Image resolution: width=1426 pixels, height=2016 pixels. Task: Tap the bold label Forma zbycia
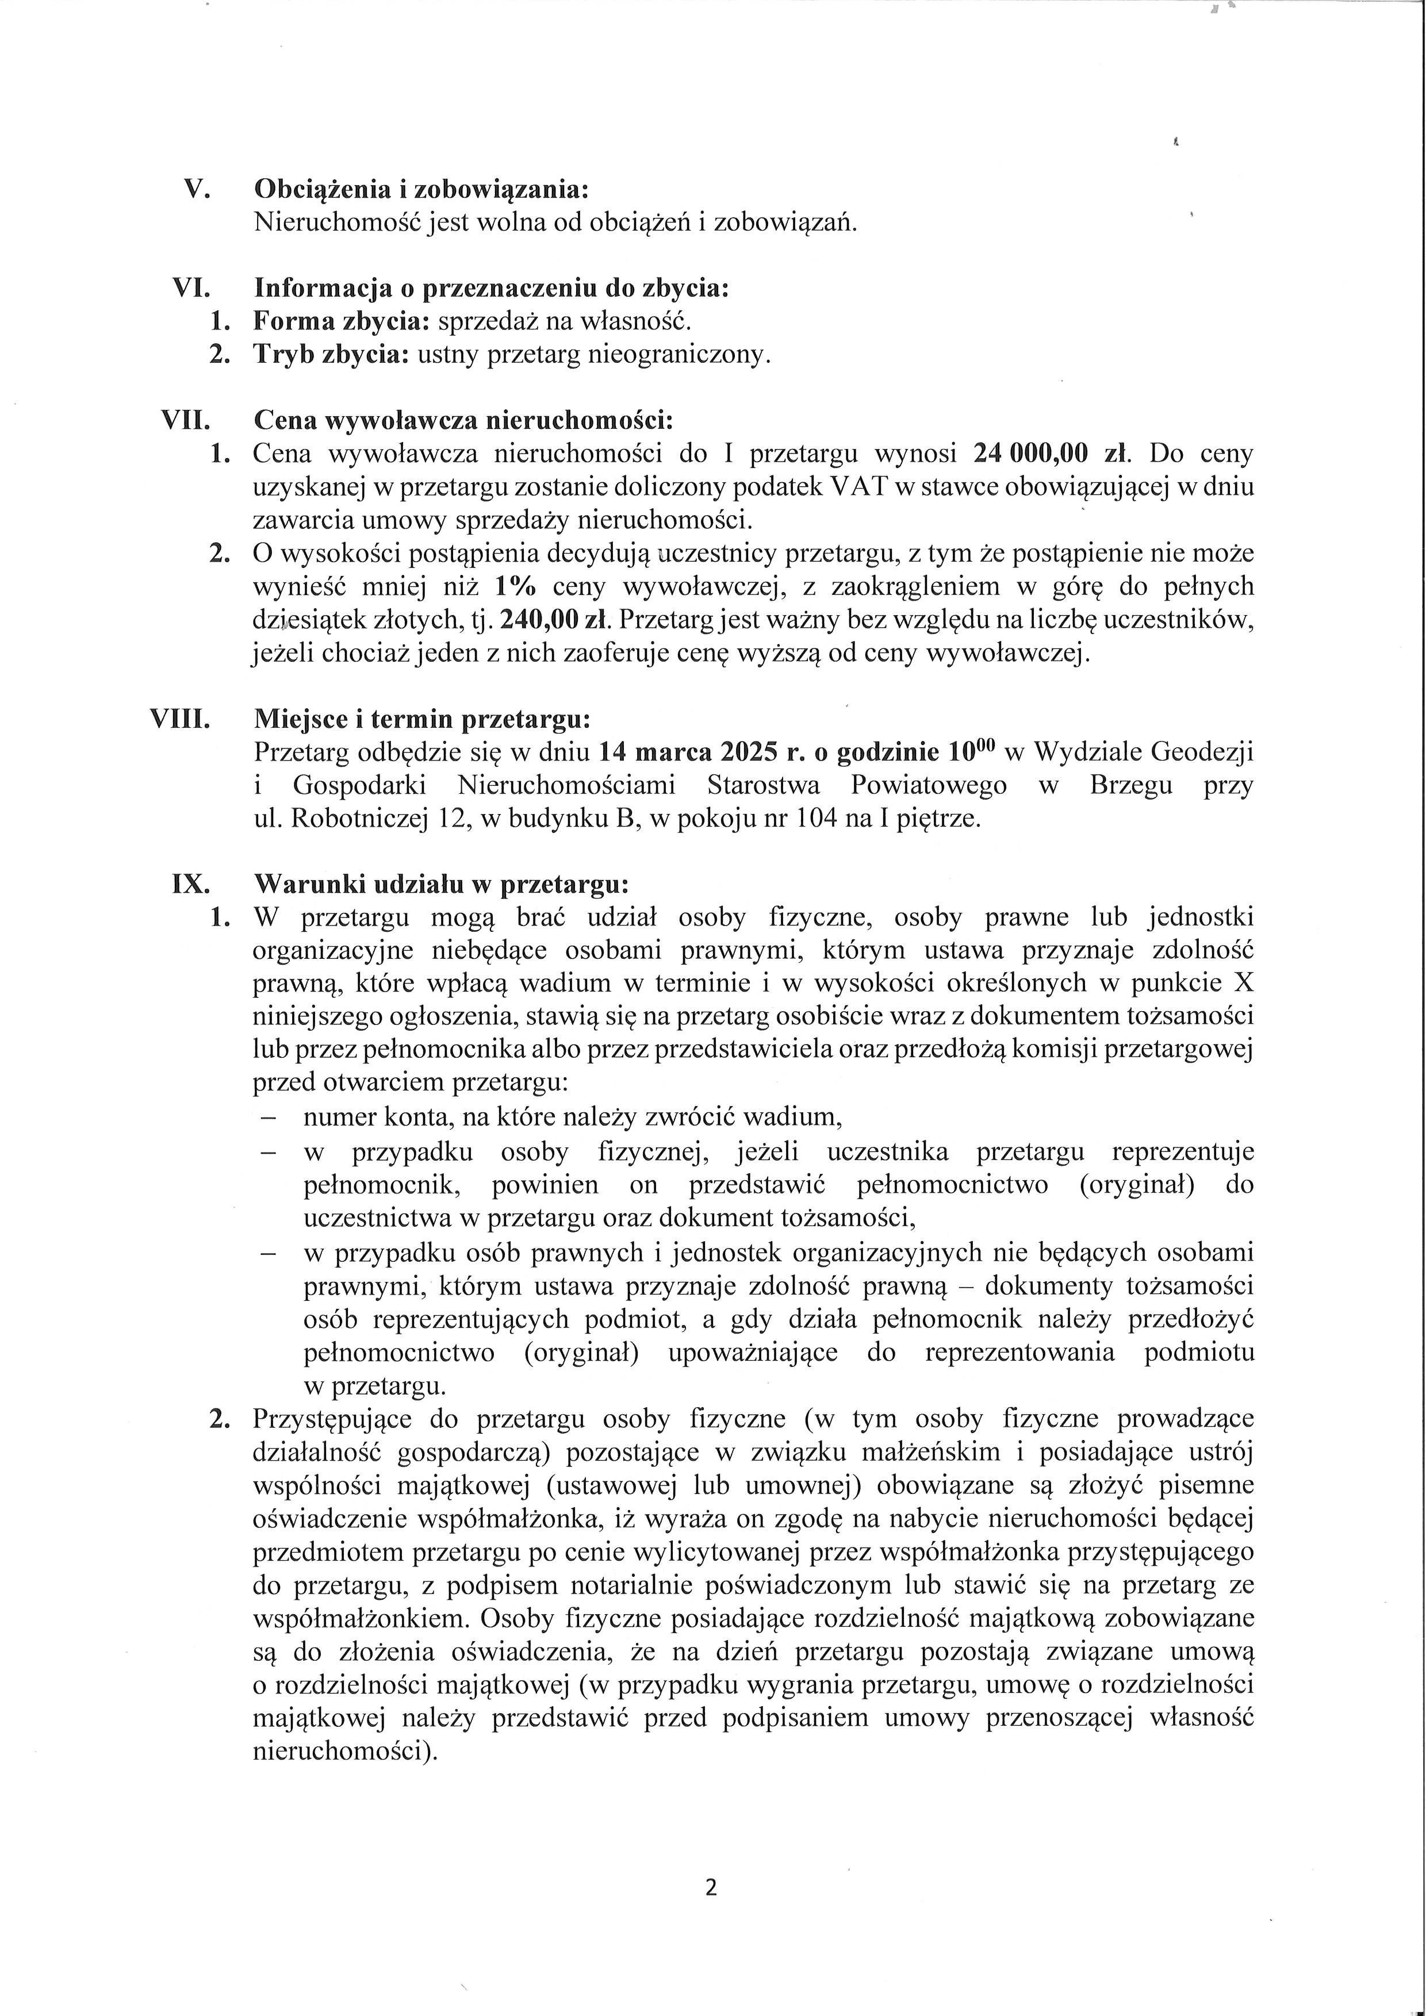pos(341,321)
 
